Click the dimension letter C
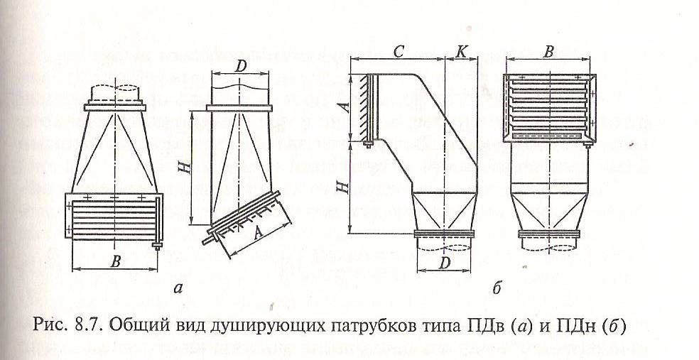tap(399, 50)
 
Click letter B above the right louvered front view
tap(548, 51)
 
